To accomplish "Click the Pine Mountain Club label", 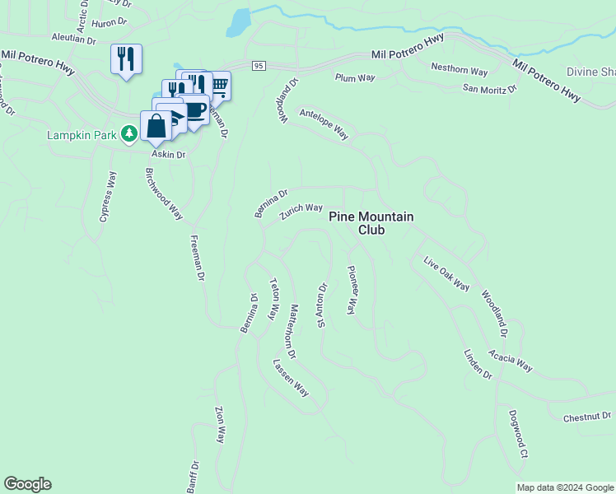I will [371, 223].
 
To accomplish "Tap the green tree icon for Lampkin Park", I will [128, 133].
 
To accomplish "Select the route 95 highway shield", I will [259, 66].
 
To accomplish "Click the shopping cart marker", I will [219, 84].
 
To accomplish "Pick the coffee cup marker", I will [194, 111].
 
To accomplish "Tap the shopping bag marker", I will [156, 126].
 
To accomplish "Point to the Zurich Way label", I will [301, 212].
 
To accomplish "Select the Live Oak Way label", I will [446, 274].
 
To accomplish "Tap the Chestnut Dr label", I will [587, 417].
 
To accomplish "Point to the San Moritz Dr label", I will [489, 88].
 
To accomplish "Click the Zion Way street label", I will [220, 425].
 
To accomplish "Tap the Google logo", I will [27, 484].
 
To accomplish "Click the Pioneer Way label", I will [352, 289].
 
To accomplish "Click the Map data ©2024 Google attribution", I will [564, 487].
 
